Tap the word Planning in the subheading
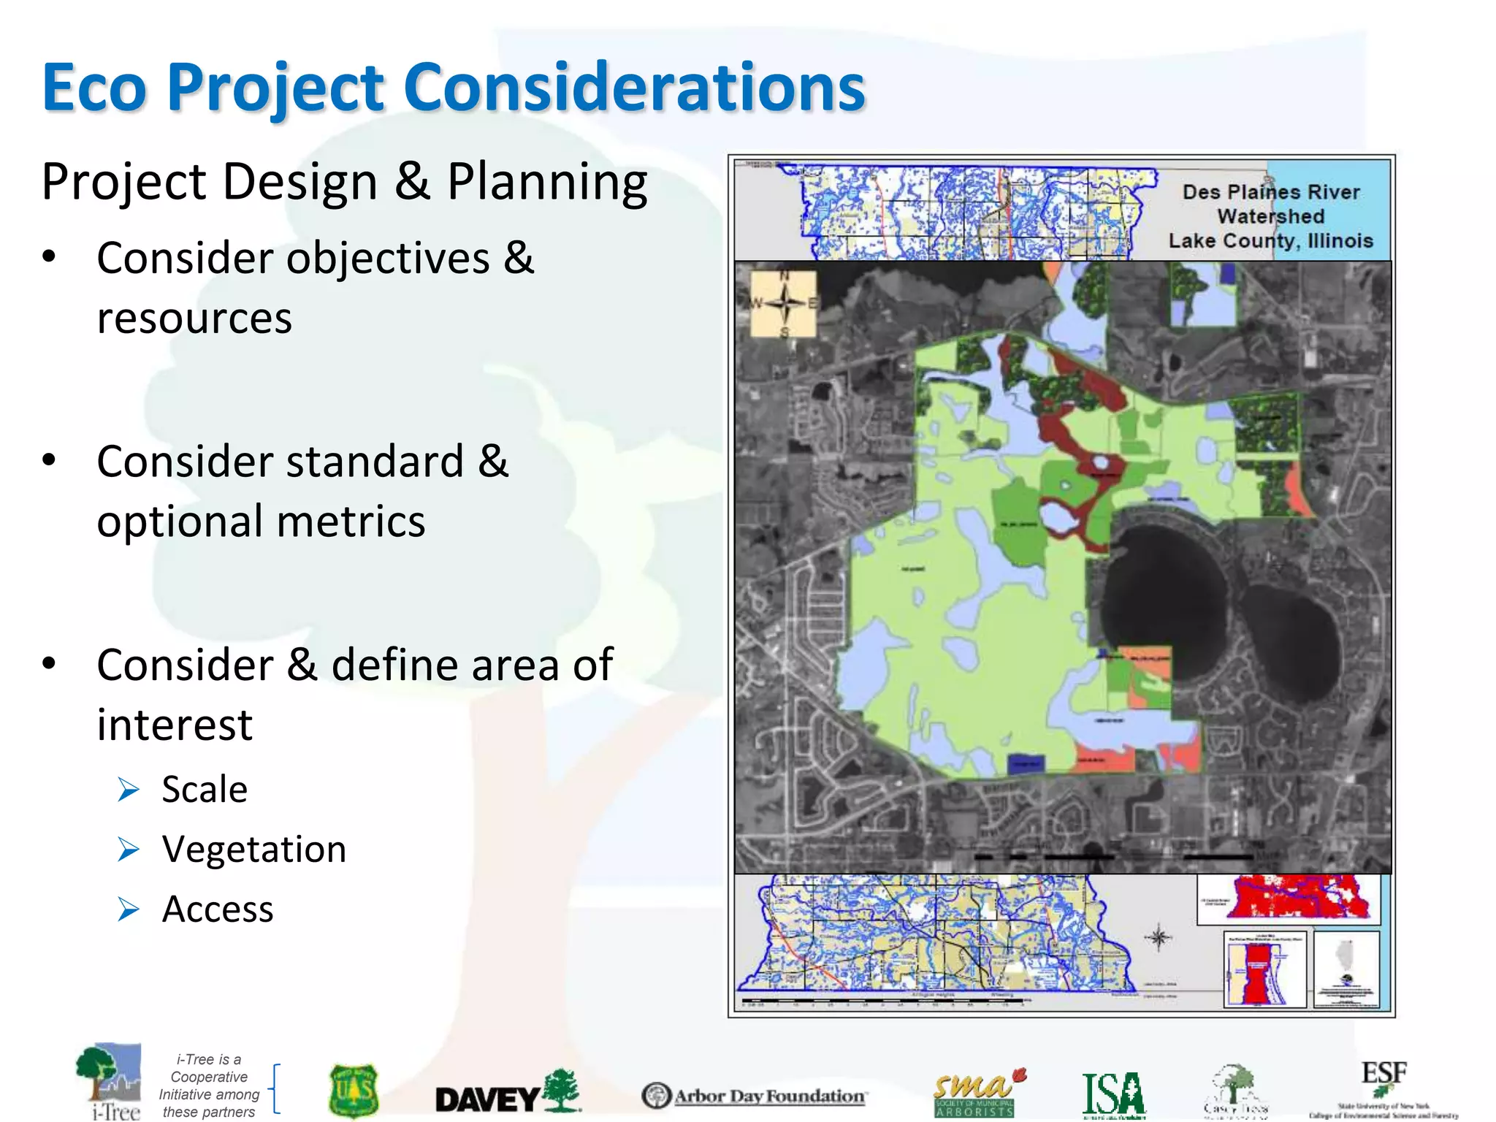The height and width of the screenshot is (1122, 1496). (546, 181)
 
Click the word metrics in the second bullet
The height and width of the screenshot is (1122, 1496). (351, 522)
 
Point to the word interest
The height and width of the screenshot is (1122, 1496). (175, 725)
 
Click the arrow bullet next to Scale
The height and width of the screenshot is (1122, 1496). (129, 790)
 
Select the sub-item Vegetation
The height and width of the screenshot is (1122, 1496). (253, 850)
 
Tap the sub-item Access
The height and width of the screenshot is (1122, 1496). (217, 909)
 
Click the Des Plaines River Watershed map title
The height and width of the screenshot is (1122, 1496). (1270, 216)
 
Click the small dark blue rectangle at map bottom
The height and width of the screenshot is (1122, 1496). (1026, 764)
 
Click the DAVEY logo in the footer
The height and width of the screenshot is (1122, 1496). (507, 1093)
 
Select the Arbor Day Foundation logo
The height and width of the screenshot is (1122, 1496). (754, 1096)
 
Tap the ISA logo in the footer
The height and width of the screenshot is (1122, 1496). (1113, 1094)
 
